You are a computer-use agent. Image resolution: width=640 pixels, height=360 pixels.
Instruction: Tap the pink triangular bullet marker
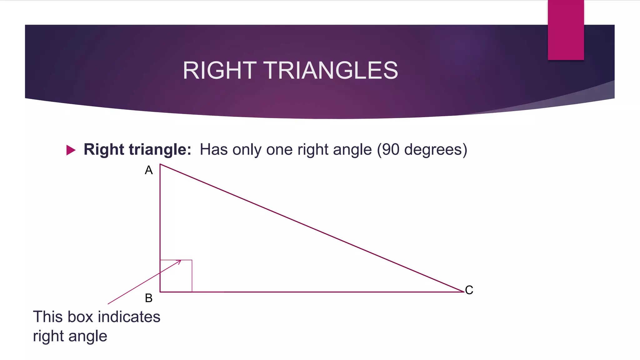tap(71, 150)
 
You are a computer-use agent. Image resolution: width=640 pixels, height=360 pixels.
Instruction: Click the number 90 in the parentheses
tap(391, 150)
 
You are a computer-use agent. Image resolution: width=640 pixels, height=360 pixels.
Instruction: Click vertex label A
tap(149, 170)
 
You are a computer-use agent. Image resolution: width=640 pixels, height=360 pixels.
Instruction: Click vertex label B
tap(149, 298)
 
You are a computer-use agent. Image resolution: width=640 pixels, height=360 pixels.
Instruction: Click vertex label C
tap(469, 290)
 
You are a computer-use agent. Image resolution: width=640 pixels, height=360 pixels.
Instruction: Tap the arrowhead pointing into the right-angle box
tap(179, 262)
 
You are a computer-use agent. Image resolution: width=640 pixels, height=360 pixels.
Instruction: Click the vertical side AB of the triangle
tap(160, 212)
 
